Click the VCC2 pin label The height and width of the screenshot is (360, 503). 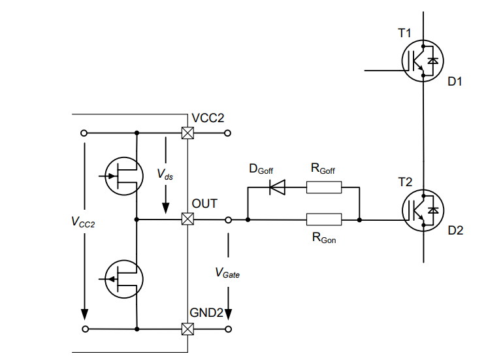click(x=208, y=118)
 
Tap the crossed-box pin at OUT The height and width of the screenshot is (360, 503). click(x=187, y=219)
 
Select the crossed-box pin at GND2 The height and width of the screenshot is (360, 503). click(x=187, y=329)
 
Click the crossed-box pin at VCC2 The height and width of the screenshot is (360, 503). click(x=187, y=133)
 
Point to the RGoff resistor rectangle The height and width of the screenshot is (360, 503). click(x=324, y=188)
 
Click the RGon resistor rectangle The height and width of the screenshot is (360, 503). click(x=324, y=220)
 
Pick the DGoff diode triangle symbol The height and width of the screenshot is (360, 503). click(x=278, y=188)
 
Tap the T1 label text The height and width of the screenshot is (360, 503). click(x=404, y=33)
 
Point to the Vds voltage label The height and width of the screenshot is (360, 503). click(x=165, y=174)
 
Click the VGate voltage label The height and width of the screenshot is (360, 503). click(x=227, y=272)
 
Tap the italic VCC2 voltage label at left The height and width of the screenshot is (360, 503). click(x=83, y=222)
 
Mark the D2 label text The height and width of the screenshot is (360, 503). click(x=455, y=231)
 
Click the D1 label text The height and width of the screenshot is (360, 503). click(x=455, y=82)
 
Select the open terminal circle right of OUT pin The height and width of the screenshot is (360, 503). click(x=228, y=220)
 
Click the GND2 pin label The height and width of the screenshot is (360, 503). click(x=206, y=312)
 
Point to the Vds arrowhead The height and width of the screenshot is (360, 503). click(x=165, y=208)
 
